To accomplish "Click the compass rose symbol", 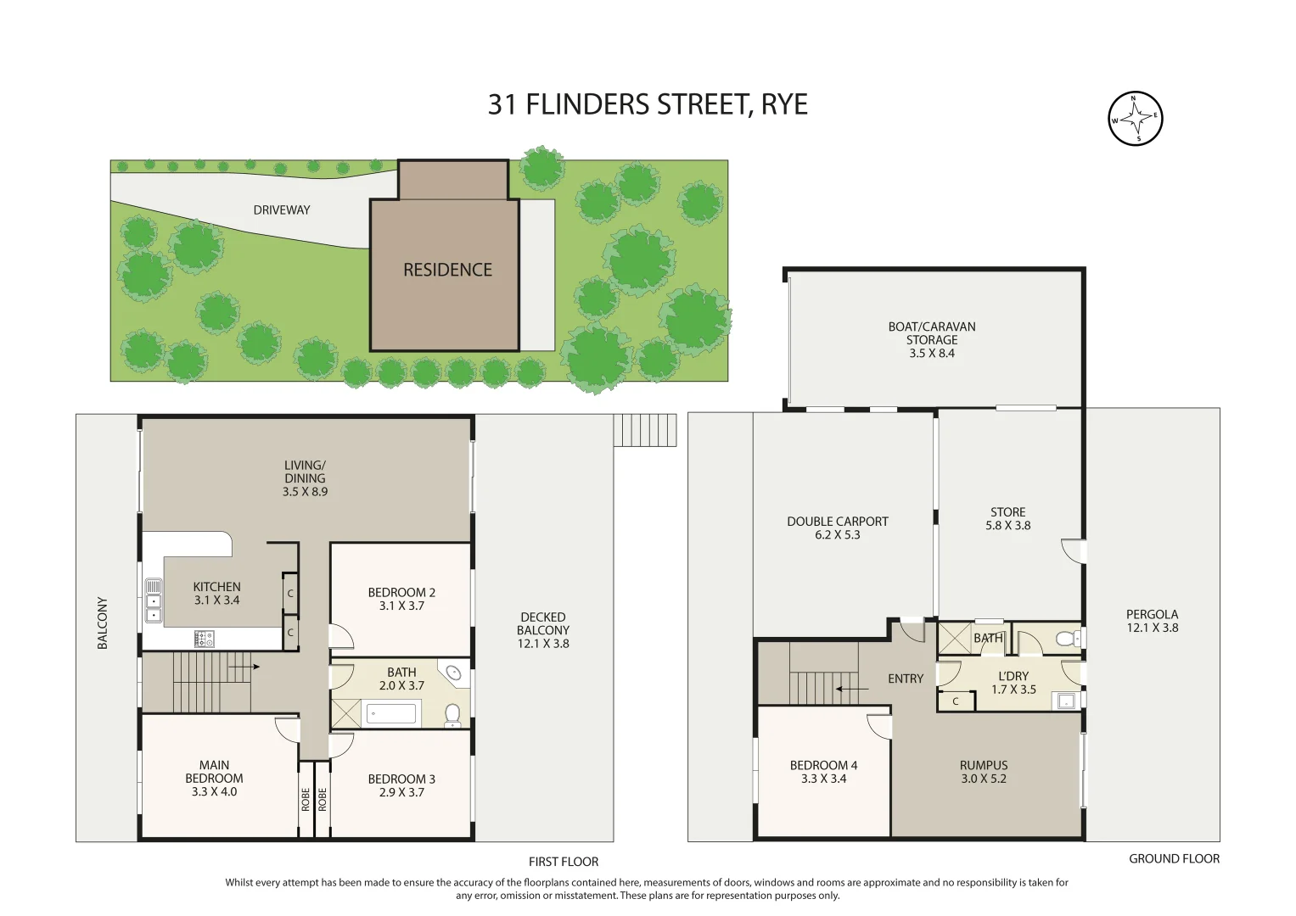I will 1135,119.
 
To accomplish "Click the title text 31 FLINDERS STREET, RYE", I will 648,104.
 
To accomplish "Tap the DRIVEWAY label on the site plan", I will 282,210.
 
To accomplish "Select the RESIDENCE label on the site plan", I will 447,270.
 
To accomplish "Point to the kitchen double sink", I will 154,600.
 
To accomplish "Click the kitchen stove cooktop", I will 205,639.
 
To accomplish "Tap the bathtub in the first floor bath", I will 391,714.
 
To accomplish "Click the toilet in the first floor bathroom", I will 452,716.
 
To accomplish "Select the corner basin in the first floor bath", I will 454,673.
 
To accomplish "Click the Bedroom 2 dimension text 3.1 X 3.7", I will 401,606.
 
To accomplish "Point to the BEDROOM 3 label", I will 401,779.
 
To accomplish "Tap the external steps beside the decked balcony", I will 645,430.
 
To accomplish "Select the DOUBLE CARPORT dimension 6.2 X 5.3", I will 838,535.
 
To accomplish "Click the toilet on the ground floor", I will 1067,639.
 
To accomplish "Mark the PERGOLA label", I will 1152,614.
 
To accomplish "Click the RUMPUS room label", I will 984,765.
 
